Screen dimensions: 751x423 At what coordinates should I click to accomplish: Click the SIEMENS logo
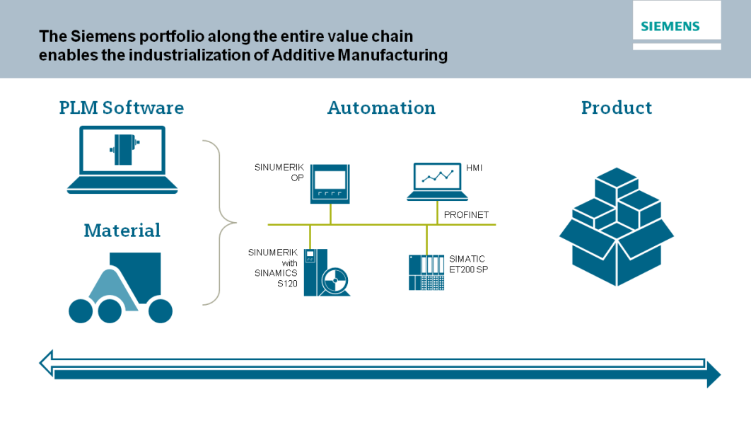coord(670,26)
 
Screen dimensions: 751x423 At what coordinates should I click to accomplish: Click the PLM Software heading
coord(121,108)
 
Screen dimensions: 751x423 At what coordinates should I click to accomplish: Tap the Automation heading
coord(381,108)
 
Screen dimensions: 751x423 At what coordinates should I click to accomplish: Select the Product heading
coord(617,108)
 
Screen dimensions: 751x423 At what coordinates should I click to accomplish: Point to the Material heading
coord(122,231)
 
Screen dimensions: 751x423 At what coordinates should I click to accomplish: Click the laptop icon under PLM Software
coord(122,160)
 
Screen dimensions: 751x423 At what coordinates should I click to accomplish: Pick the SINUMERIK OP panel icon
coord(330,184)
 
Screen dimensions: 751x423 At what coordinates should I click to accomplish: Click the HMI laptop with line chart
coord(437,182)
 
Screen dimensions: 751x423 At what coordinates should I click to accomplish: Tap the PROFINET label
coord(466,215)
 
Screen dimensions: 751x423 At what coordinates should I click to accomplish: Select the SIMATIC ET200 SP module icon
coord(426,272)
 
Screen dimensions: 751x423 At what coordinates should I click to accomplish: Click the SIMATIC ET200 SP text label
coord(468,264)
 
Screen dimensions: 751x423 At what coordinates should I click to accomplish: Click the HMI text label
coord(475,168)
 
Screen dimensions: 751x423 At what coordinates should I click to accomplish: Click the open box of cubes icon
coord(617,226)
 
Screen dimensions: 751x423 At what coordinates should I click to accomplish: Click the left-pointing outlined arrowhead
coord(47,363)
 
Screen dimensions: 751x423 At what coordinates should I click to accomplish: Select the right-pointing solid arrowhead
coord(714,375)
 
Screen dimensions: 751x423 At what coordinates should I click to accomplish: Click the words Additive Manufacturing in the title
coord(360,55)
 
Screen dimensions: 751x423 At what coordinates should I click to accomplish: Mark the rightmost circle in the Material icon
coord(161,311)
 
